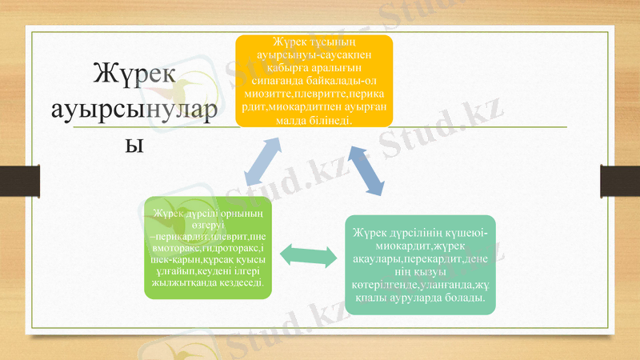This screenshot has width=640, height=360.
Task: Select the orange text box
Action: pos(314,81)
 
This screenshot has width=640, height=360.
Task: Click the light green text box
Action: pos(207,248)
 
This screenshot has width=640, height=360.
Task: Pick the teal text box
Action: pos(420,264)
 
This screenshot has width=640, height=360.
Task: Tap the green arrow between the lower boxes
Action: pos(307,258)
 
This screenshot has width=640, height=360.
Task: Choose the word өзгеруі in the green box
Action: pos(207,226)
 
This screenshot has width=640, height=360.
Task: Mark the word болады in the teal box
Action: pos(466,298)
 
